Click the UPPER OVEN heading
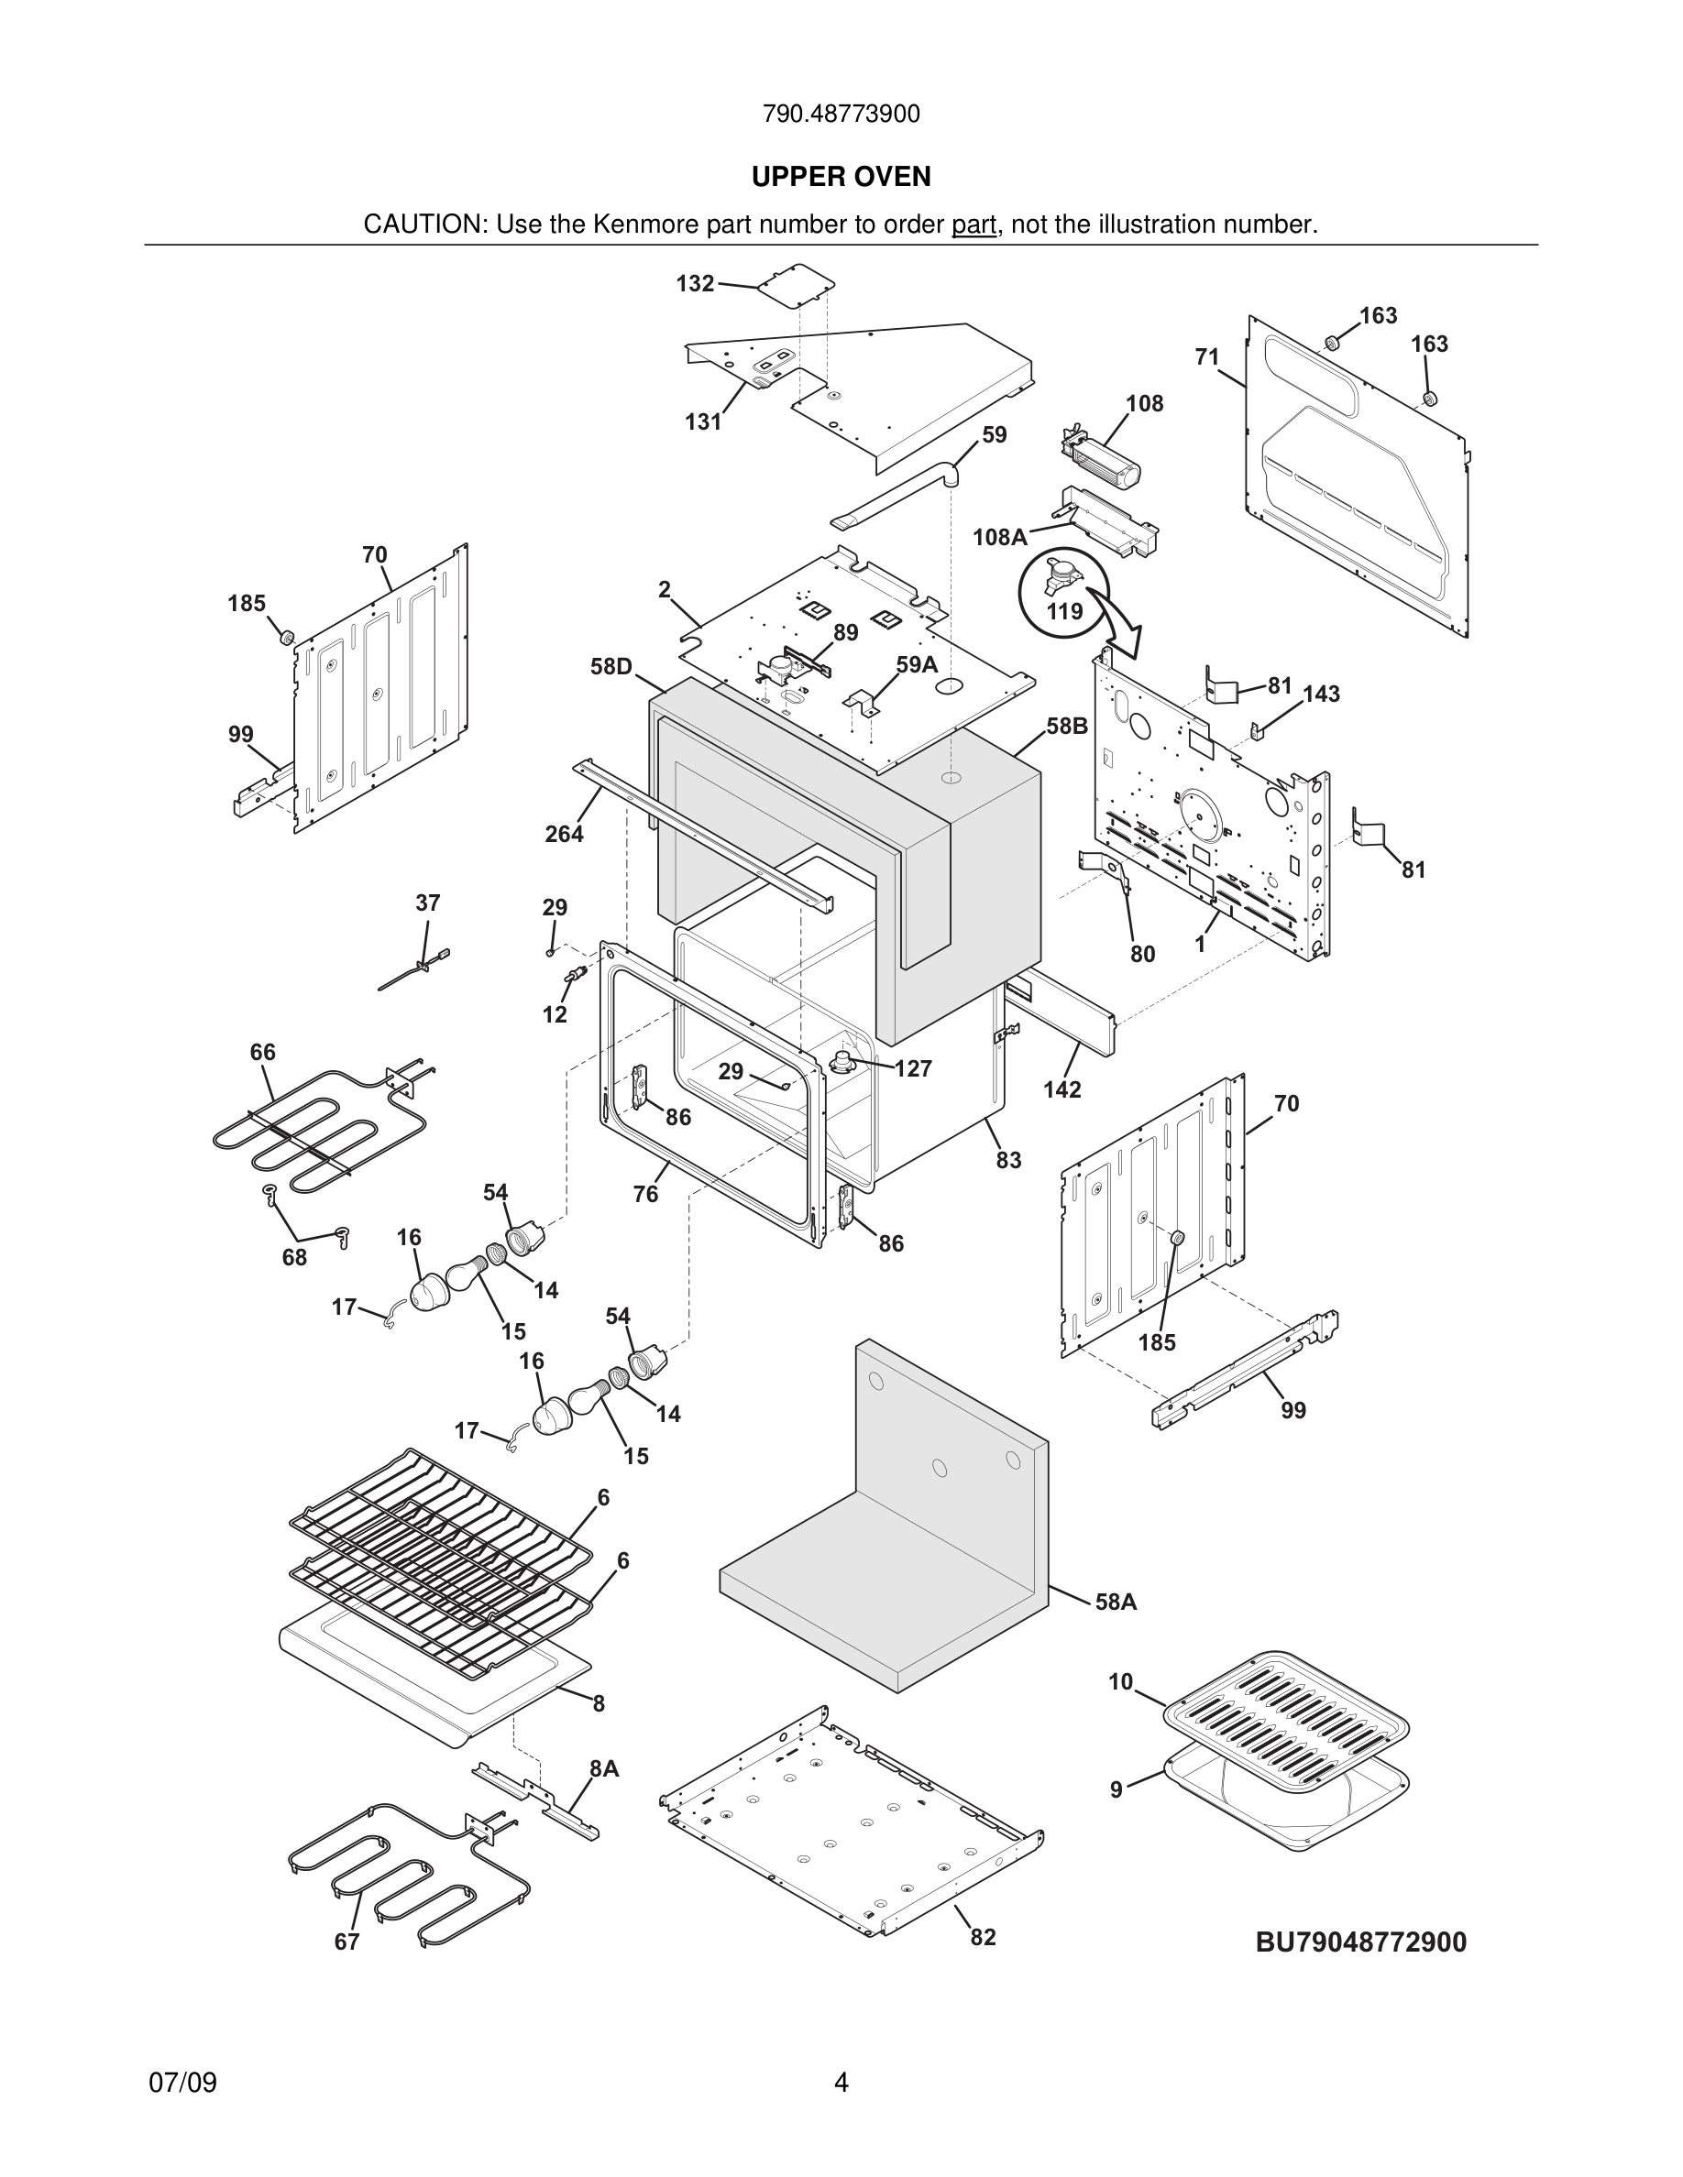click(841, 177)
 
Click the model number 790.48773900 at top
click(841, 115)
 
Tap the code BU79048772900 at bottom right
click(1360, 1942)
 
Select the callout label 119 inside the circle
click(1064, 611)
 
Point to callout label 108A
click(999, 537)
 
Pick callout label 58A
click(1116, 1602)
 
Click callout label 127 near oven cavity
click(912, 1068)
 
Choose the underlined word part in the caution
click(973, 225)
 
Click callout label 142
click(1061, 1089)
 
